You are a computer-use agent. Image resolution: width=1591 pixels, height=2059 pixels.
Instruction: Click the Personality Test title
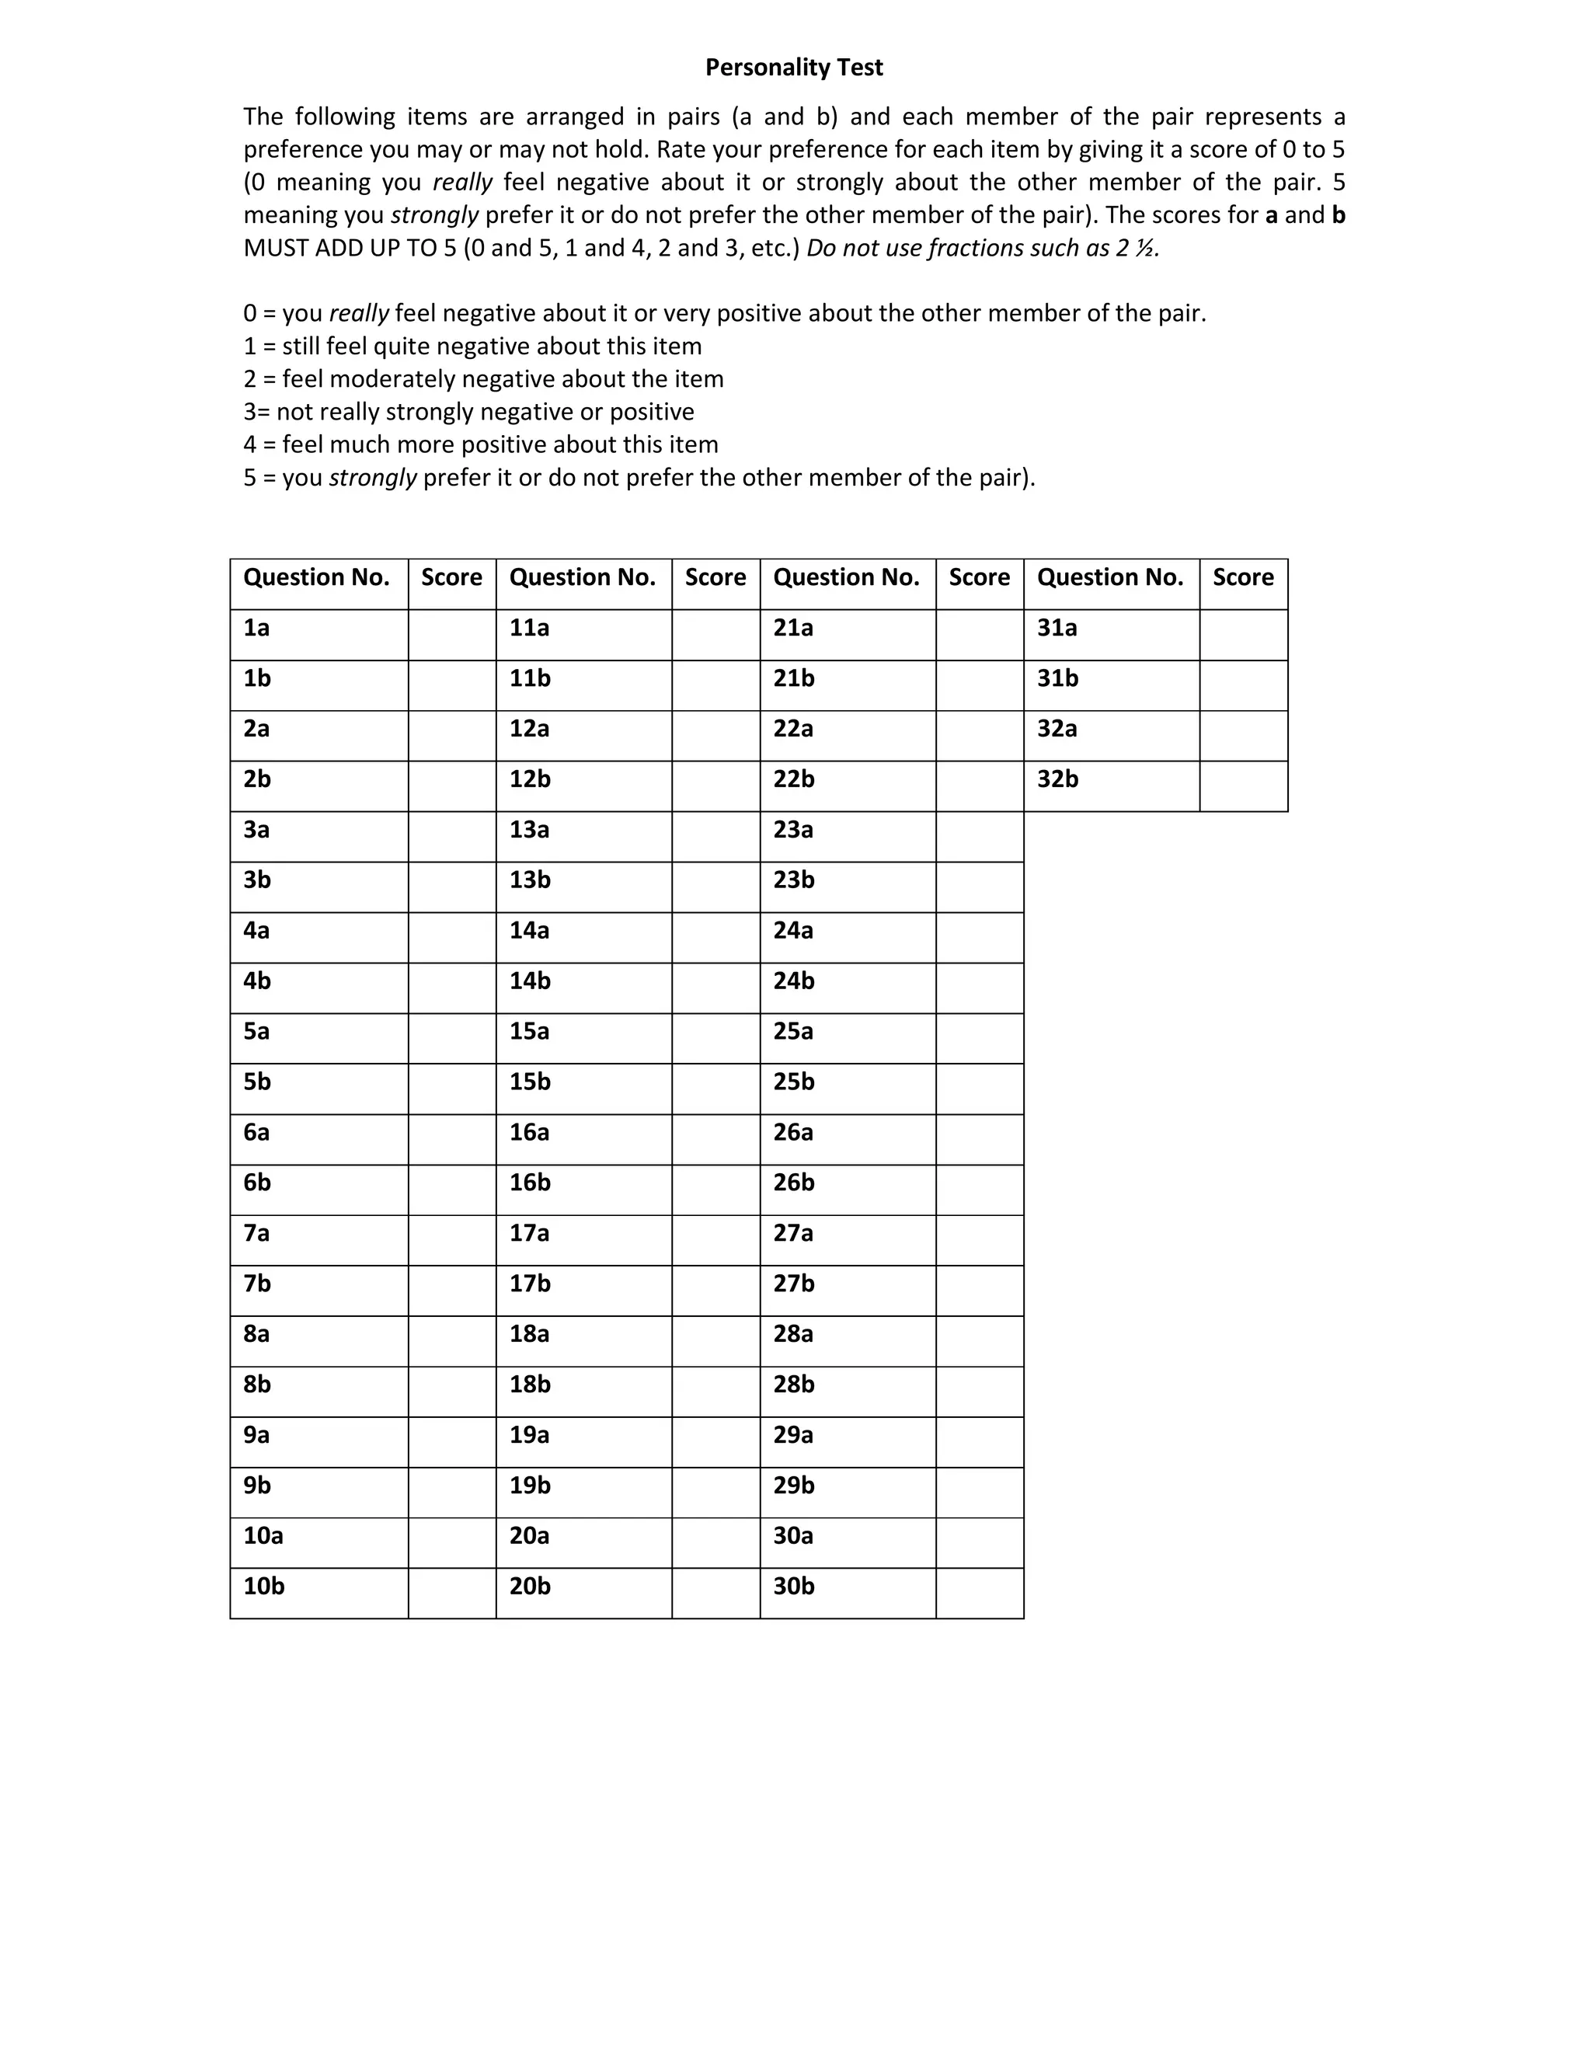coord(794,67)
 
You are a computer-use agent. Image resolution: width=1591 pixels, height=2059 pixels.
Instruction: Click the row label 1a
coord(256,628)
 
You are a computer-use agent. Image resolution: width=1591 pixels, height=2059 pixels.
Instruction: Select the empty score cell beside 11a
coord(715,635)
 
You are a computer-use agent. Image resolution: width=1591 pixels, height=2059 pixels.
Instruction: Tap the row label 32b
coord(1057,779)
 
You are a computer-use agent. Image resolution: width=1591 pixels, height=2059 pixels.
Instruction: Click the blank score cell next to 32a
coord(1243,735)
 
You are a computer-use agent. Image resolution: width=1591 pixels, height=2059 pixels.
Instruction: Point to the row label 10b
coord(264,1587)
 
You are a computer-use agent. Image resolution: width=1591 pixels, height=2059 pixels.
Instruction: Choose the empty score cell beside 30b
coord(980,1594)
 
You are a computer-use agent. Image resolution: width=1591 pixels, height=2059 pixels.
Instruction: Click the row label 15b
coord(530,1082)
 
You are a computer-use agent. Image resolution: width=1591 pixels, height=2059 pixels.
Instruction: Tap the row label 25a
coord(794,1031)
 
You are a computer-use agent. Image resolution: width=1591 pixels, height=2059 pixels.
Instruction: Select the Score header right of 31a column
coord(1243,578)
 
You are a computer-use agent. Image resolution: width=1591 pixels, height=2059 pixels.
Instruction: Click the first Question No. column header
coord(317,578)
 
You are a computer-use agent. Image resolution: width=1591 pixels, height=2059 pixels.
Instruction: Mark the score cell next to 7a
coord(451,1240)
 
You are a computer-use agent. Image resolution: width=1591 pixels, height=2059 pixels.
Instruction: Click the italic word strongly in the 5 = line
coord(372,478)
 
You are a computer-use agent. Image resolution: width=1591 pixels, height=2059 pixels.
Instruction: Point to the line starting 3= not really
coord(468,412)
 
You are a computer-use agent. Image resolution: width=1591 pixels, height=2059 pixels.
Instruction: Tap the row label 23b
coord(794,880)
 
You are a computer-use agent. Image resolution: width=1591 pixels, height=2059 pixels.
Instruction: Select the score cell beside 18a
coord(715,1340)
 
